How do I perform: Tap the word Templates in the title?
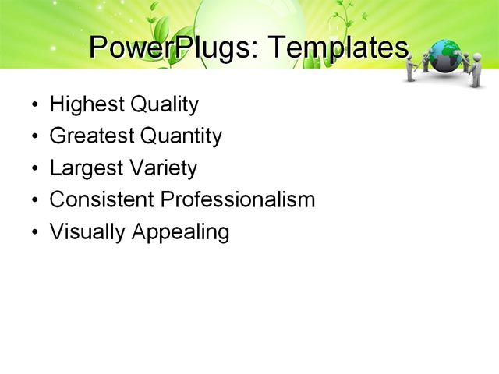(338, 48)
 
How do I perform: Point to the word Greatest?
(91, 136)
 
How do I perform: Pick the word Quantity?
(181, 136)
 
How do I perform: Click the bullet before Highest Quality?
(34, 105)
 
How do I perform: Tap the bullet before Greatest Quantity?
(34, 137)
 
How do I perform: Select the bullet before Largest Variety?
(34, 169)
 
